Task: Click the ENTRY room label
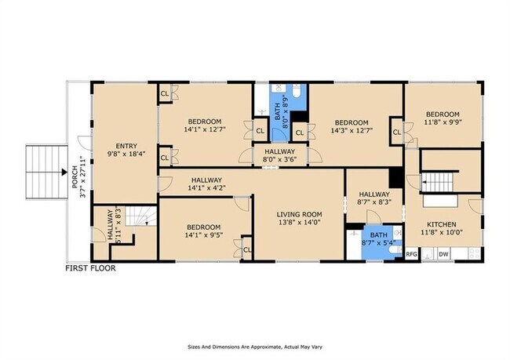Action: pos(126,146)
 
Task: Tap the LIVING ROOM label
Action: pos(299,214)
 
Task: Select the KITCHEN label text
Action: pos(442,224)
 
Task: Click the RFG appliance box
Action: pos(411,254)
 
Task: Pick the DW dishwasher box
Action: pos(443,254)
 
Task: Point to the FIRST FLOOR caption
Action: pos(90,268)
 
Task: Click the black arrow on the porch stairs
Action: pos(64,172)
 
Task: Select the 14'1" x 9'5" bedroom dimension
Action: pos(204,235)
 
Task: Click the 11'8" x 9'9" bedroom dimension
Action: pos(443,122)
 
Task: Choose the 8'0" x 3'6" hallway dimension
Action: pos(280,159)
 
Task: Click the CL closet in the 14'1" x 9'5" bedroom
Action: pos(247,249)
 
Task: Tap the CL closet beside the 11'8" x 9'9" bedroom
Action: pos(397,132)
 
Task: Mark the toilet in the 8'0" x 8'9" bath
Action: pos(297,91)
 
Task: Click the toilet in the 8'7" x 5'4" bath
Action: pos(395,249)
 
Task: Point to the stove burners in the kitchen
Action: pos(473,253)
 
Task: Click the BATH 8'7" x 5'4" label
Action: pos(379,238)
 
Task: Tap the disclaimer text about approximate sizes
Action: pos(255,347)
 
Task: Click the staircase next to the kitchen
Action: pos(438,183)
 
